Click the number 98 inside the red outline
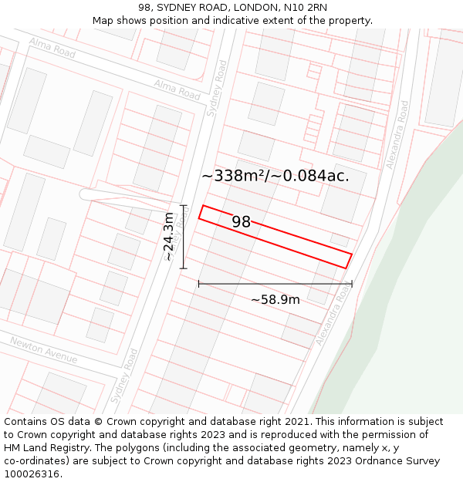tap(242, 222)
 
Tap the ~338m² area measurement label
tap(275, 176)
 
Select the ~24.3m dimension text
tap(169, 237)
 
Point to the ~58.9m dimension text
tap(275, 299)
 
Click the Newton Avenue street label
tap(44, 350)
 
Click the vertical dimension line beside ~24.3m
tap(183, 237)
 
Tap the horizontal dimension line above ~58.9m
tap(275, 284)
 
